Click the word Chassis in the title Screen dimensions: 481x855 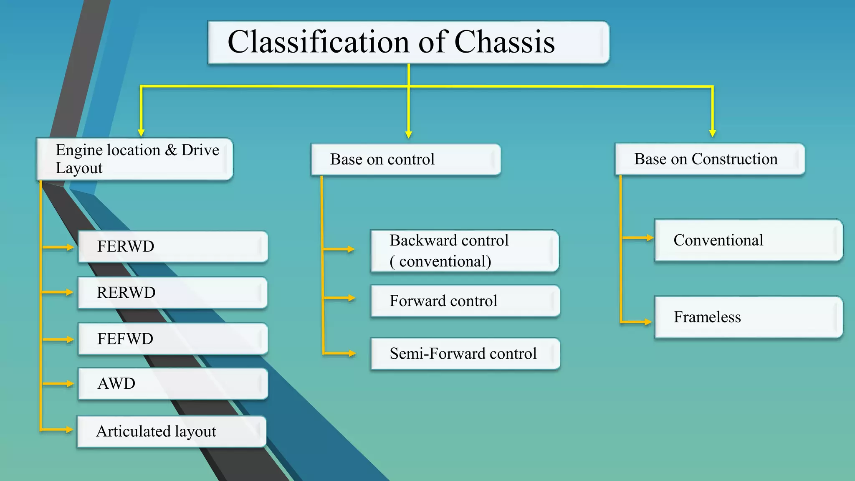click(504, 42)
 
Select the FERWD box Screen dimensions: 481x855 click(172, 246)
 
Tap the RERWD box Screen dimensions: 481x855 click(172, 293)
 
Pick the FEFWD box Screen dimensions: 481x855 click(172, 339)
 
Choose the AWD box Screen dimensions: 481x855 click(172, 383)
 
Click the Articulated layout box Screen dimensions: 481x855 click(171, 431)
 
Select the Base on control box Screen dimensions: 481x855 click(405, 159)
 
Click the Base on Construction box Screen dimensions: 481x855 click(709, 159)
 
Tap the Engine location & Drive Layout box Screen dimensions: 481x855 click(134, 159)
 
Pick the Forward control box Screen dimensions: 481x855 click(465, 301)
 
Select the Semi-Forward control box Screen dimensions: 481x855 click(465, 353)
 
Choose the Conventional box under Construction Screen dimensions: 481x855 click(748, 240)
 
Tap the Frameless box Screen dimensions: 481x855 click(748, 317)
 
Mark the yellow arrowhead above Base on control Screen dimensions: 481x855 click(409, 134)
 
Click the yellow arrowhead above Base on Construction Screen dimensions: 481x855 click(713, 133)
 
